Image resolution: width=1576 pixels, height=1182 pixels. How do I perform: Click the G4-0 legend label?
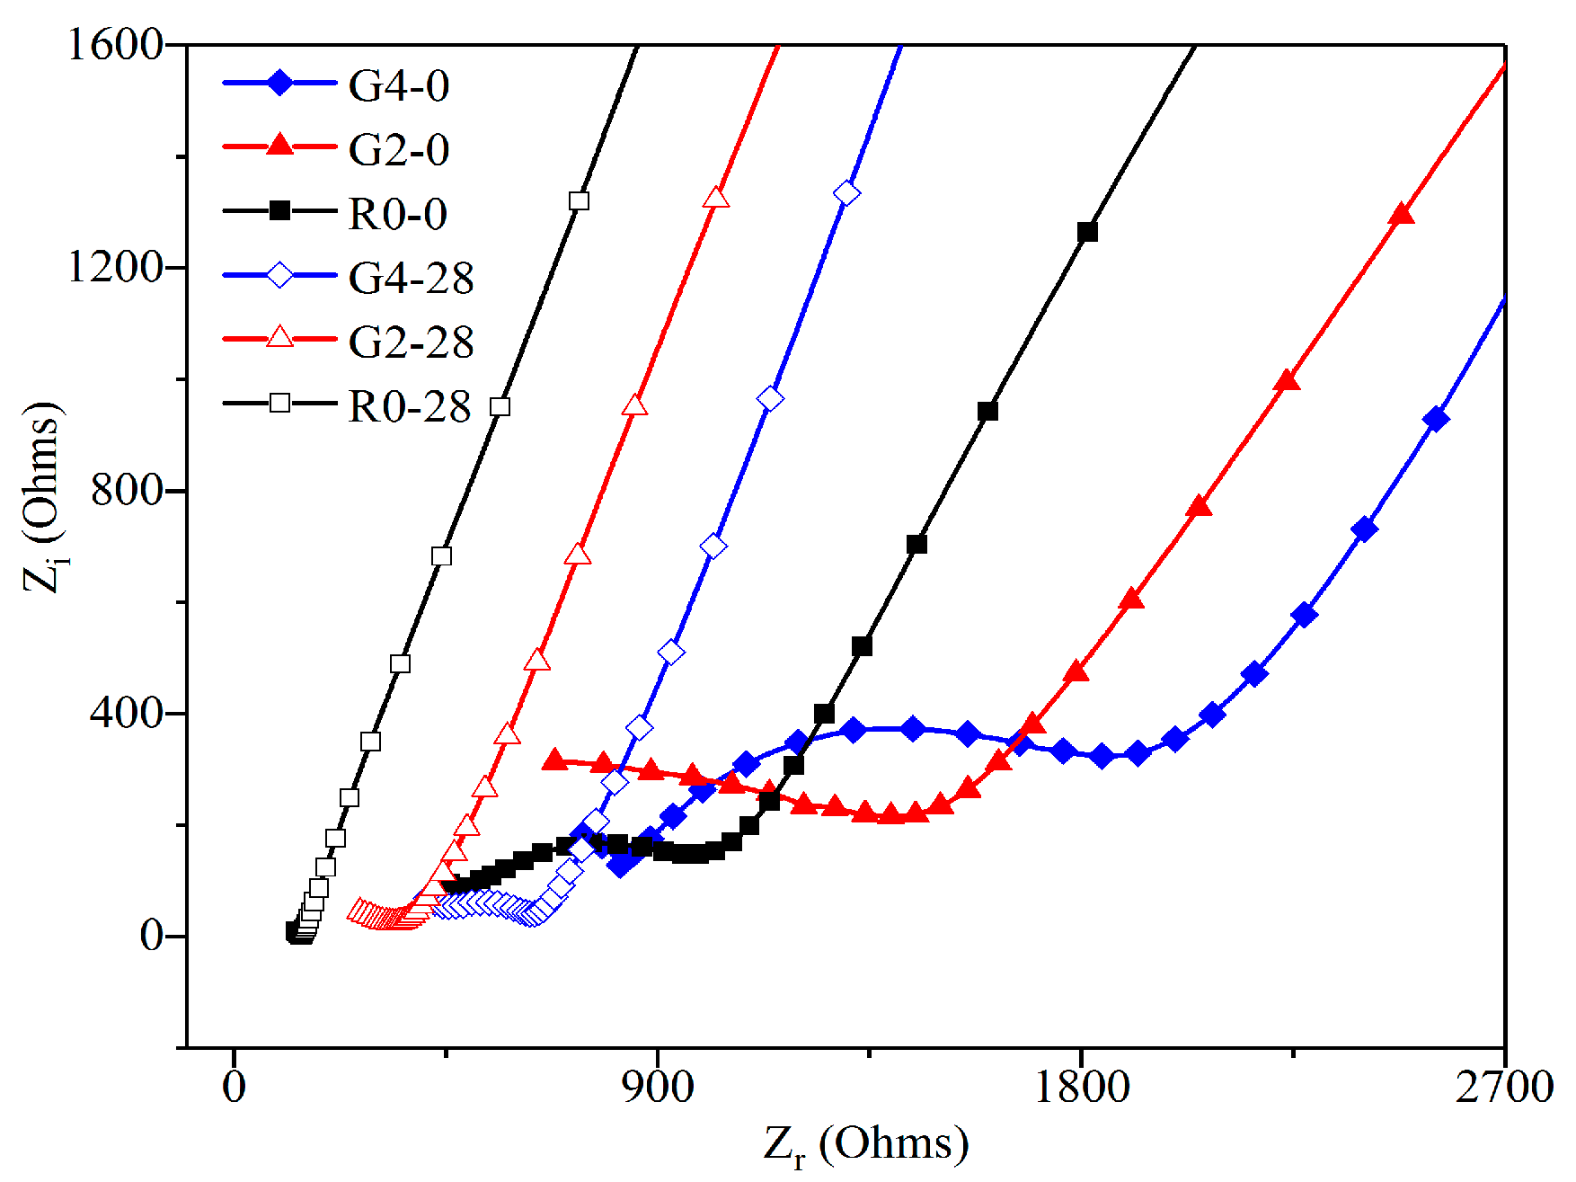coord(398,86)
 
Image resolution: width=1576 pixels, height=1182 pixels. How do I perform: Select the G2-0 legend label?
coord(398,150)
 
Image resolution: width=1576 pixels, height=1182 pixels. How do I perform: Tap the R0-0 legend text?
coord(397,215)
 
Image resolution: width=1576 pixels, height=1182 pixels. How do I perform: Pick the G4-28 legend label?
coord(411,279)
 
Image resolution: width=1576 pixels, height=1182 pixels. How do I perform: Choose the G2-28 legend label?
coord(411,342)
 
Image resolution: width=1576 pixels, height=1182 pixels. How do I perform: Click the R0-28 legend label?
coord(409,407)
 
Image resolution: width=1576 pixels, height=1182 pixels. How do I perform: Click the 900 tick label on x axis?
coord(659,1087)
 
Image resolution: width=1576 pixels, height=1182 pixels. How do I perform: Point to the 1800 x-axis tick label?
coord(1082,1087)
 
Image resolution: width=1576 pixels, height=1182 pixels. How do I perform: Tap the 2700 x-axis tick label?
coord(1504,1087)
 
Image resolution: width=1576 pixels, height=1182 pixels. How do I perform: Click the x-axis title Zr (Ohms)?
coord(866,1144)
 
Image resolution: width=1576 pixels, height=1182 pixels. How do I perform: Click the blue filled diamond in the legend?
coord(279,84)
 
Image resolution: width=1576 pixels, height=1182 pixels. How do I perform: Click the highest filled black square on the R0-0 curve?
coord(1087,232)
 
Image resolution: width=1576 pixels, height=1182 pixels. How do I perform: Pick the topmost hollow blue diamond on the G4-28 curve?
coord(846,193)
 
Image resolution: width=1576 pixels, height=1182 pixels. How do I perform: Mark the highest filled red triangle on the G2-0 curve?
coord(1401,215)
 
